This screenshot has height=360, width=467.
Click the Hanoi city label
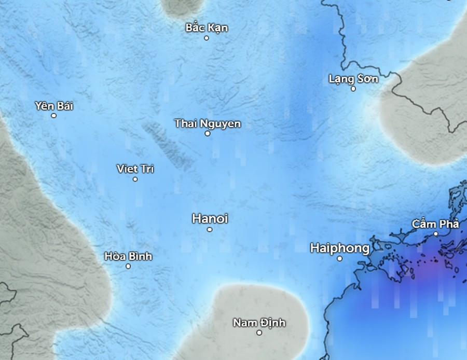point(210,218)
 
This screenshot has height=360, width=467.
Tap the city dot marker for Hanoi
point(210,229)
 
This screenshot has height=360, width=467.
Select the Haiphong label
point(339,248)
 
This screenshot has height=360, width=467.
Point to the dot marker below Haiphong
point(340,258)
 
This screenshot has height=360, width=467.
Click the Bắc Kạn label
point(207,27)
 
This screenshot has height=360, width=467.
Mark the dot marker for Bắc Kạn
point(207,38)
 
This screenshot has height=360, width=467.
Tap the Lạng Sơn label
point(353,79)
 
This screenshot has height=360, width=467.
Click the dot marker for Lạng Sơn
point(353,89)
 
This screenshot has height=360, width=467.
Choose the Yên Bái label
point(54,106)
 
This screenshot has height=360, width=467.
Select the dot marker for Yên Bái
point(53,115)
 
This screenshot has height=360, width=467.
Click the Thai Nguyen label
point(208,123)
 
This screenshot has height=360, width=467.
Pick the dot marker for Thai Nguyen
point(208,133)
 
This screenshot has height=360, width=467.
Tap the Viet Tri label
point(135,169)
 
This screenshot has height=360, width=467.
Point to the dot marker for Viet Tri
point(135,179)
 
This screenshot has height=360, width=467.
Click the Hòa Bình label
point(128,256)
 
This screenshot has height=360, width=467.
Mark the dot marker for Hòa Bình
point(128,266)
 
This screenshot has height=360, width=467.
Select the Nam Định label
point(259,323)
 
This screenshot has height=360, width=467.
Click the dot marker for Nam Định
point(259,333)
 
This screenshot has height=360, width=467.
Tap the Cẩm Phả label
point(435,224)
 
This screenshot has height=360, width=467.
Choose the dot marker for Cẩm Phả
point(436,234)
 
